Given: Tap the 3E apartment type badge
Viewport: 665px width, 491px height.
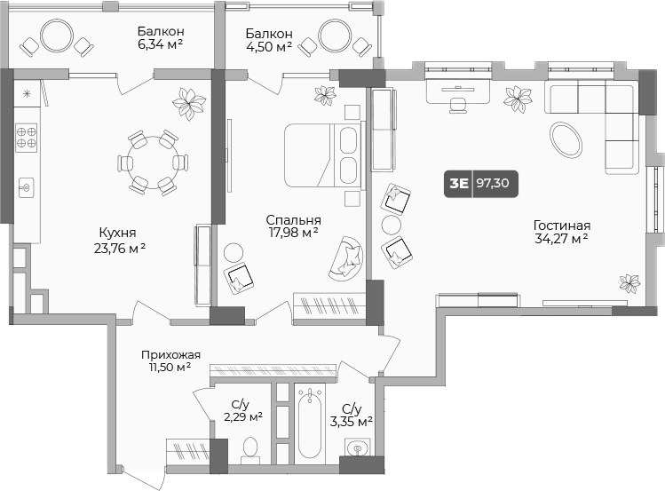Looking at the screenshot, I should click(459, 184).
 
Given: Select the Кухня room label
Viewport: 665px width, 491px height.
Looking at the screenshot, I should click(117, 232).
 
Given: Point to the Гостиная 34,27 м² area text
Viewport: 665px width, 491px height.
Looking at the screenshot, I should click(562, 239).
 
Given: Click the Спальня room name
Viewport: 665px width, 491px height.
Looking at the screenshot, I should click(293, 219).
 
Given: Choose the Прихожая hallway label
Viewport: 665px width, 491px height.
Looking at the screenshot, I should click(170, 354).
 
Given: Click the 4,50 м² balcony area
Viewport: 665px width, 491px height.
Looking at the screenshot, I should click(271, 46).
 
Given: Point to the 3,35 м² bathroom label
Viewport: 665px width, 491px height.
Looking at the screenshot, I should click(351, 422).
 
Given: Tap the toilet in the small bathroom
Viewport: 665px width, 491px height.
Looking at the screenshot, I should click(249, 448).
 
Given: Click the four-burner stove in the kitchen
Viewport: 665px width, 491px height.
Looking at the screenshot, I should click(26, 137).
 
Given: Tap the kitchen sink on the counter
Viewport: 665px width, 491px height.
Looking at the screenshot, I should click(26, 187).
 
